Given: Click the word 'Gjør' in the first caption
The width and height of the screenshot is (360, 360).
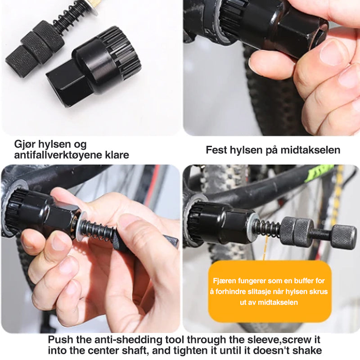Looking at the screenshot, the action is tap(24, 144).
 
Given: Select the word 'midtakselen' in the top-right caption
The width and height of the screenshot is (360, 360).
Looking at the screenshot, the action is tap(310, 150).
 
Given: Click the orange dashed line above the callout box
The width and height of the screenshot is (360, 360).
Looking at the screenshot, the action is tap(265, 248).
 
